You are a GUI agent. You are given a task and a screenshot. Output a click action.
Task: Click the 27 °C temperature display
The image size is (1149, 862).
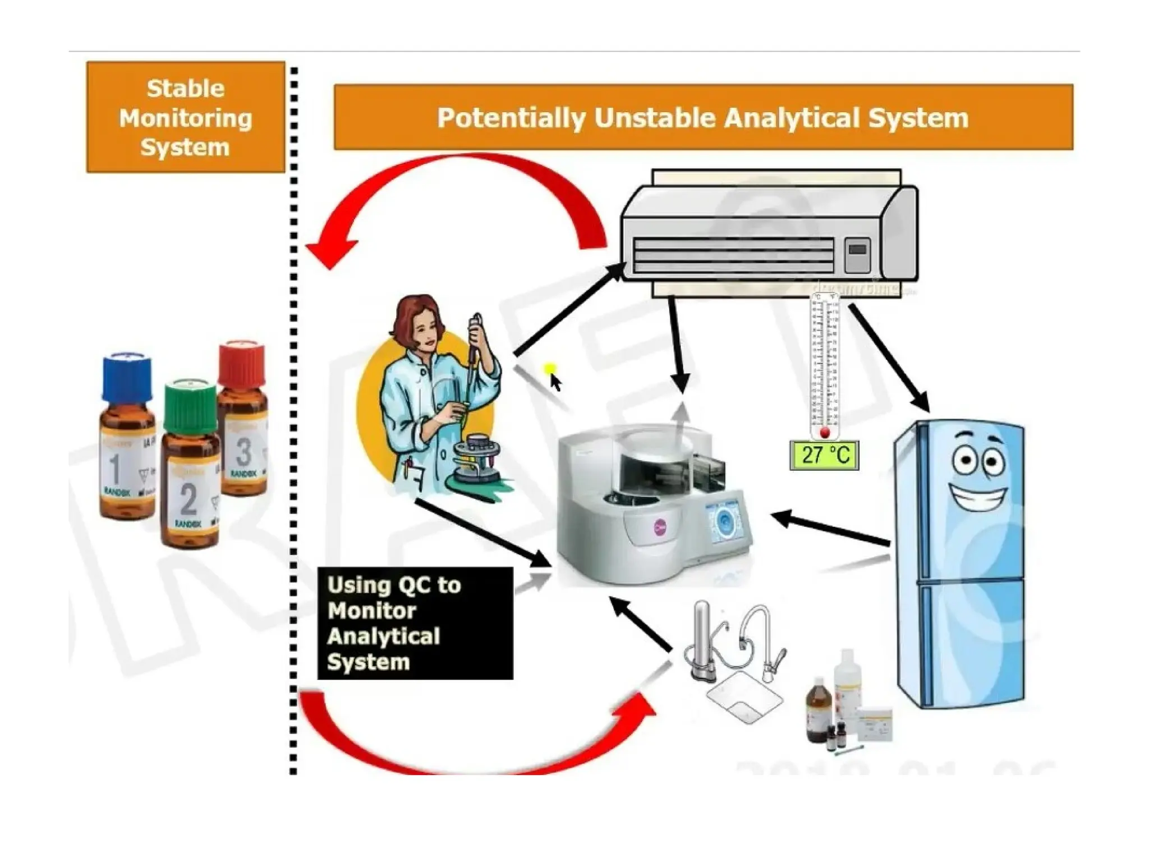pos(824,455)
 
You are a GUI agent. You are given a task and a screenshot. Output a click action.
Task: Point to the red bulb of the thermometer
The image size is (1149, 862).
pos(824,433)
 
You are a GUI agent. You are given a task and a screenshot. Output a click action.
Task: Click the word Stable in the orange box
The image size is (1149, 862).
pos(185,89)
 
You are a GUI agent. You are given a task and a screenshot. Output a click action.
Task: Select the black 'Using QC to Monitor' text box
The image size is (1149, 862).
pos(415,623)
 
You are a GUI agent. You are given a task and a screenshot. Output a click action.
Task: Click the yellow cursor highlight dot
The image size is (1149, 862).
pos(549,369)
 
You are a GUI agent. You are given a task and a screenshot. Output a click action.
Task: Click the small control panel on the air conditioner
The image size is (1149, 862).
pos(857,255)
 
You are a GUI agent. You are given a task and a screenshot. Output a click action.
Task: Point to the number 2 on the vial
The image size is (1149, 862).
pos(189,499)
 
